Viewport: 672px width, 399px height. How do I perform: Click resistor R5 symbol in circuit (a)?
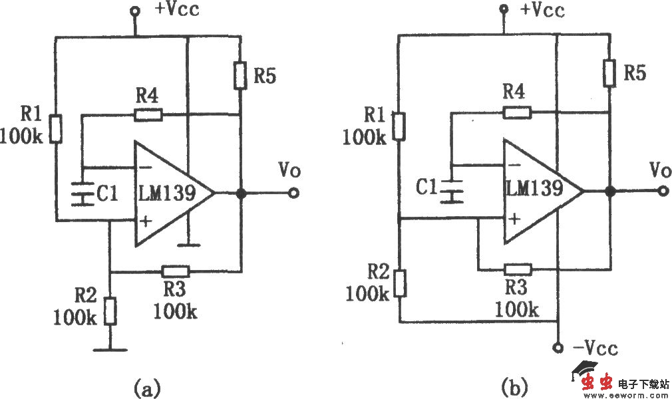point(240,75)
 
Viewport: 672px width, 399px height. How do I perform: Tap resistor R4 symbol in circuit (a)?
point(147,114)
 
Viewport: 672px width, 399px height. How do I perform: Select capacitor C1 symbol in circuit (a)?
point(82,194)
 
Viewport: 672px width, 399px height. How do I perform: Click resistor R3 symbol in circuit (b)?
point(518,269)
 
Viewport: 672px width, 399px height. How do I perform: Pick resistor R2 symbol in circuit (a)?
point(111,310)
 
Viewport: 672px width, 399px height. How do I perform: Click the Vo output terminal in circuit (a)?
point(293,194)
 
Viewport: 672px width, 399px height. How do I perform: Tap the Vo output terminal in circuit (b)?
point(662,192)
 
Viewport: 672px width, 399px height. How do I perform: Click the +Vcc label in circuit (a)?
point(177,10)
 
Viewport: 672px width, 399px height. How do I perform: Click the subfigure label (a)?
point(146,386)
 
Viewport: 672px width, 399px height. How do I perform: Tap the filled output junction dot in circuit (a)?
point(240,194)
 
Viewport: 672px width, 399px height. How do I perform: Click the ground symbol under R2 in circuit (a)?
point(111,347)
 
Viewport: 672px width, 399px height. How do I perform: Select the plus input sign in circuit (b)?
point(514,217)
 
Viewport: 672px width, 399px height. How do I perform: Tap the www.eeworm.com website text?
point(625,394)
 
